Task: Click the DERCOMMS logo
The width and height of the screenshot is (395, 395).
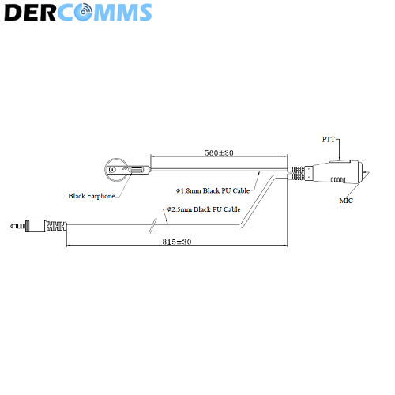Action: [x=78, y=12]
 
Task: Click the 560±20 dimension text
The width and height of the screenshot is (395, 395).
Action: [x=219, y=152]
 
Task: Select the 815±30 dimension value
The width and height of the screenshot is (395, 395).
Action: [x=177, y=242]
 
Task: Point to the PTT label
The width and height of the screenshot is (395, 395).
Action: [x=329, y=140]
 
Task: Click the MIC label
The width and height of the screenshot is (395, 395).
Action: [x=346, y=201]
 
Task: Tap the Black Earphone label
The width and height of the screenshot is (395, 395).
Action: [x=92, y=196]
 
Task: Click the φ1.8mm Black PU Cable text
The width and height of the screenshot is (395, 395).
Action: [x=213, y=190]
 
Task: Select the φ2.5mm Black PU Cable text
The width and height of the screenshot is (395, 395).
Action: [x=204, y=209]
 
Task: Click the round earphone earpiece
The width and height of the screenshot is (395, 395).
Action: [x=116, y=170]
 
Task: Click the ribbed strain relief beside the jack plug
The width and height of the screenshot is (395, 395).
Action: [x=56, y=226]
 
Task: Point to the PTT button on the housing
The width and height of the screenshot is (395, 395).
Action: [x=339, y=160]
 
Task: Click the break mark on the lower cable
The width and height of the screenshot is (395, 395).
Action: [x=152, y=226]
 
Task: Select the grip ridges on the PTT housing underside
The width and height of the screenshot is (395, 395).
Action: [x=338, y=180]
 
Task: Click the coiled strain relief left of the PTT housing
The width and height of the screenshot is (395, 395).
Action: [x=297, y=173]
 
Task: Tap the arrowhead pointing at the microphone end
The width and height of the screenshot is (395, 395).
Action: [x=366, y=174]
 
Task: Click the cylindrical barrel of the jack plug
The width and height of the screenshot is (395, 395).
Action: [x=36, y=226]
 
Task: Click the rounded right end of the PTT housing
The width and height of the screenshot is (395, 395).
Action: [x=360, y=173]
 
